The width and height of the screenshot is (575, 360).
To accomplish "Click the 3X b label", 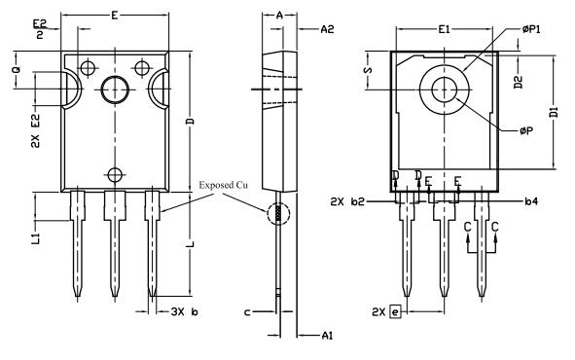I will (184, 311).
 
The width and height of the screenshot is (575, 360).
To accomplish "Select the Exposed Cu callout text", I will (226, 185).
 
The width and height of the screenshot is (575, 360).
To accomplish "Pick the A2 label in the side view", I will (328, 30).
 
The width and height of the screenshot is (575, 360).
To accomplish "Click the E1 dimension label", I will (444, 30).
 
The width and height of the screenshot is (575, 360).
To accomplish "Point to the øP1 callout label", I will (535, 30).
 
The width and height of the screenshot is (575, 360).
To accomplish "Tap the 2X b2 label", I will (347, 202).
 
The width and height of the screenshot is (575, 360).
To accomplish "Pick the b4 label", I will (530, 202).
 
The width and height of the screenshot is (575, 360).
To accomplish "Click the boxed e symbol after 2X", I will (394, 311).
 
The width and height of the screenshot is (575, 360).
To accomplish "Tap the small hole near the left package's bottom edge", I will (115, 174).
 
